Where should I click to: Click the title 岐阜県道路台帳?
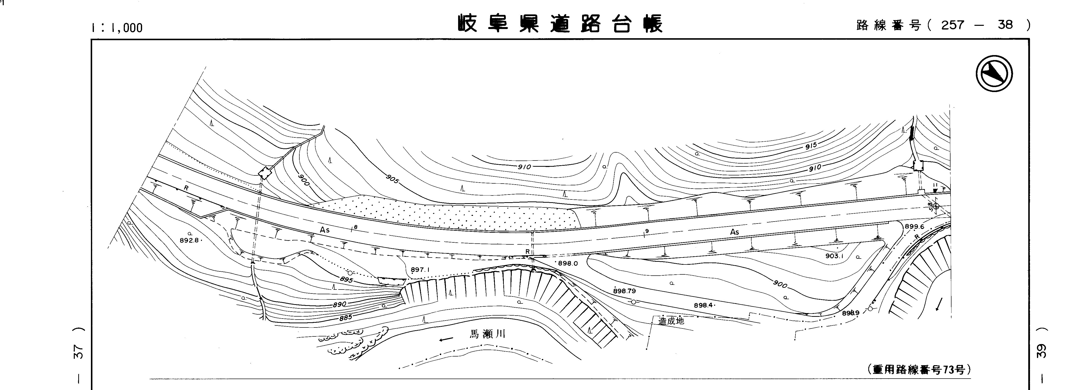click(x=560, y=24)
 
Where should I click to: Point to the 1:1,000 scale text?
click(x=117, y=28)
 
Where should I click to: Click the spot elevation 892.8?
click(x=190, y=240)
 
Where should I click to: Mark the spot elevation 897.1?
click(x=420, y=270)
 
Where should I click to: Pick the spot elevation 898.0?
click(x=568, y=263)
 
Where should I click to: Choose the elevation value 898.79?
click(x=624, y=291)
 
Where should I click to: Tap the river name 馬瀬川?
click(x=488, y=334)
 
